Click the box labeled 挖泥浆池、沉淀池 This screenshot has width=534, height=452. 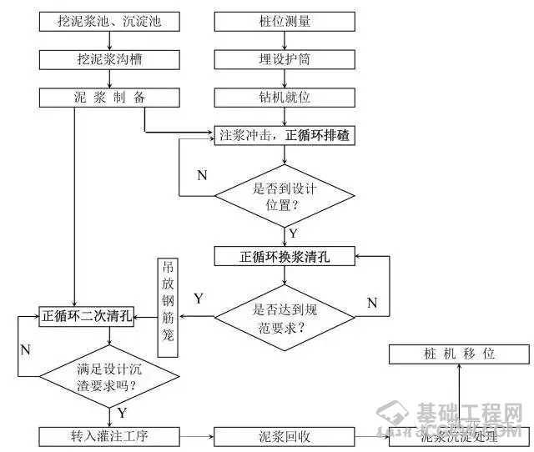click(x=109, y=20)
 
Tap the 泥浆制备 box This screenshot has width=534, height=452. click(x=109, y=97)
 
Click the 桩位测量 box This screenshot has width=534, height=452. click(x=285, y=20)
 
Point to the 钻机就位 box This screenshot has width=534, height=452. click(x=285, y=97)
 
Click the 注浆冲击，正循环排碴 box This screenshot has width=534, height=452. click(x=285, y=135)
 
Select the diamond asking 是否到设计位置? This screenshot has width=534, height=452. click(x=285, y=196)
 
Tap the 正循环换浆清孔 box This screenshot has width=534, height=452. click(x=285, y=257)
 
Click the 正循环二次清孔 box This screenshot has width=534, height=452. click(x=87, y=316)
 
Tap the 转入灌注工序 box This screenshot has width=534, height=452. click(x=109, y=435)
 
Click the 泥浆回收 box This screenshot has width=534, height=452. click(x=285, y=435)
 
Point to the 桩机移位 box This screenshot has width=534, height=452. click(x=458, y=354)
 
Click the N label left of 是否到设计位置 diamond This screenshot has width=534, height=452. click(x=202, y=175)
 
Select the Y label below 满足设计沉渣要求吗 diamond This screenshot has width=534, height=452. click(x=122, y=413)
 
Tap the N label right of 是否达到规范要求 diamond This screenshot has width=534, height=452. click(x=372, y=302)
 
